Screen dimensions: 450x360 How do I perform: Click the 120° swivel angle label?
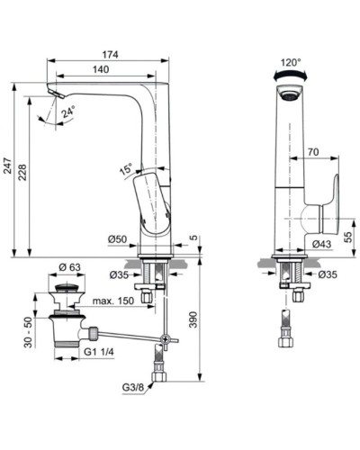coord(290,64)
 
